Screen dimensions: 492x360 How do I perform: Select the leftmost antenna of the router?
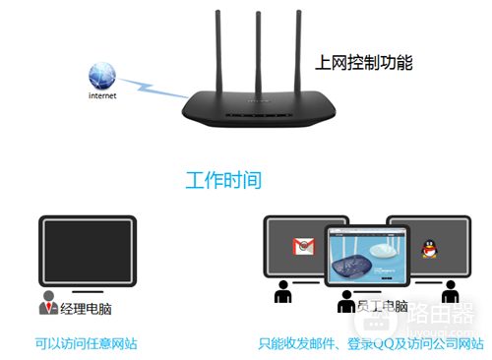click(221, 49)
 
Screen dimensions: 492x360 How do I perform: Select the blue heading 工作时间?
click(223, 181)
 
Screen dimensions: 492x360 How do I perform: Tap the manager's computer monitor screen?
click(86, 252)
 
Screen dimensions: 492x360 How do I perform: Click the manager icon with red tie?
click(47, 304)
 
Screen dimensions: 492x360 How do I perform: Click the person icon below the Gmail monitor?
click(284, 293)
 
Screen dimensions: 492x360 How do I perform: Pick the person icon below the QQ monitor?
click(450, 293)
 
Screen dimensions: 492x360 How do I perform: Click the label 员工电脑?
click(382, 307)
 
